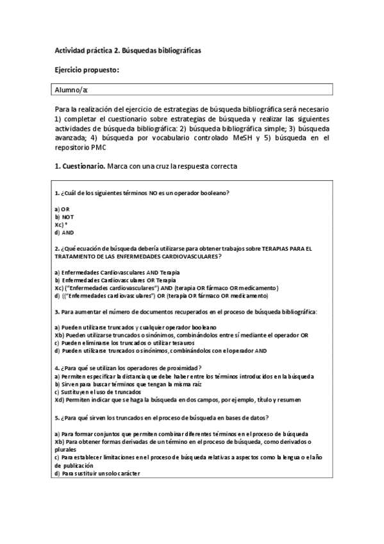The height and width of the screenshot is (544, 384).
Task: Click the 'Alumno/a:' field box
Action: pos(192,90)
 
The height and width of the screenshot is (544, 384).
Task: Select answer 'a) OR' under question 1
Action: pos(62,209)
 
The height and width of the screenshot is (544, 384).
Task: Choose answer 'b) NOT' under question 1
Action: pos(64,217)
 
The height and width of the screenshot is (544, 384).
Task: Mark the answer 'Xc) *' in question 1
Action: pos(62,225)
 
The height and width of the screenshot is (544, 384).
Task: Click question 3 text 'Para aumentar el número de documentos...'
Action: pos(186,311)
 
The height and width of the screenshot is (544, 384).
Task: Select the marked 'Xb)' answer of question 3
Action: pos(181,334)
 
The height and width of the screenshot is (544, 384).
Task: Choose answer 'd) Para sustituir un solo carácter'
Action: pos(99,473)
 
